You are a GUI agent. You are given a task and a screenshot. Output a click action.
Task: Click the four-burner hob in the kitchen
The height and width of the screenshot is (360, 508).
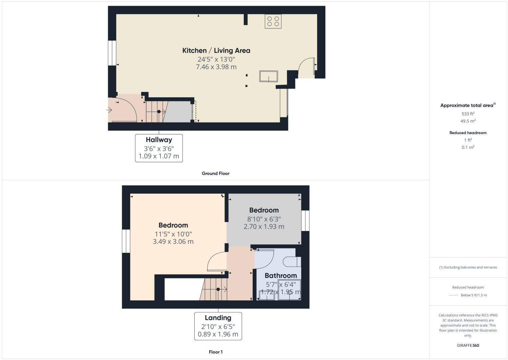pyautogui.click(x=273, y=21)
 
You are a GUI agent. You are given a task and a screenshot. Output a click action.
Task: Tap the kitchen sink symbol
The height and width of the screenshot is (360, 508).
pyautogui.click(x=269, y=76)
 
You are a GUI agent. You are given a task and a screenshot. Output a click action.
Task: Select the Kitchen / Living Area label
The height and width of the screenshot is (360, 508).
pyautogui.click(x=216, y=51)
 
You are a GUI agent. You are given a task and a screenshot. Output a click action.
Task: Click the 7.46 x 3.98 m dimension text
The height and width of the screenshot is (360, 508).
pyautogui.click(x=216, y=67)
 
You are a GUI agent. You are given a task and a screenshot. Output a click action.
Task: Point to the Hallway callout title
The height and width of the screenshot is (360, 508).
pyautogui.click(x=159, y=140)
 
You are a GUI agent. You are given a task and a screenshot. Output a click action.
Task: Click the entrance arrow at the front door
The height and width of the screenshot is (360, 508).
pyautogui.click(x=110, y=110)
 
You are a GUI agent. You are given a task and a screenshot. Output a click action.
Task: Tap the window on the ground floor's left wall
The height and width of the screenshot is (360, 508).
pyautogui.click(x=112, y=53)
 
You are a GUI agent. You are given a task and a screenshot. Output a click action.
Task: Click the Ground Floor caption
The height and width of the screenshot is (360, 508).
pyautogui.click(x=215, y=173)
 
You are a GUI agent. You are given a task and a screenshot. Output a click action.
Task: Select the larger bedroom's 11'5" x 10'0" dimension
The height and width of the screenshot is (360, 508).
pyautogui.click(x=173, y=234)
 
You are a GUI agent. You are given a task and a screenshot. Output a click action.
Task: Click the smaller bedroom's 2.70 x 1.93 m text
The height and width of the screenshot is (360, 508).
pyautogui.click(x=264, y=226)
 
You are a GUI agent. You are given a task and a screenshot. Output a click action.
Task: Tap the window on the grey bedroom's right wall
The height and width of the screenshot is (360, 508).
pyautogui.click(x=305, y=221)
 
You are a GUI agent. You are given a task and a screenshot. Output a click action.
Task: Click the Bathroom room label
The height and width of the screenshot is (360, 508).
pyautogui.click(x=280, y=276)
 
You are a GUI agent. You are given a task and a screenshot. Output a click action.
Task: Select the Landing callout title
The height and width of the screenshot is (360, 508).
pyautogui.click(x=218, y=318)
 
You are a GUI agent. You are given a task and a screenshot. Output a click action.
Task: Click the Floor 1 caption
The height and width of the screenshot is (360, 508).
pyautogui.click(x=215, y=352)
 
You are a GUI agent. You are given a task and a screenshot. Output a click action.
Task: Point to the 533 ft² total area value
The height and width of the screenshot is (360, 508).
pyautogui.click(x=468, y=114)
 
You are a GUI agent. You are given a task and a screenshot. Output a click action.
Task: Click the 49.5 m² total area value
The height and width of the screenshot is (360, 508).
pyautogui.click(x=468, y=121)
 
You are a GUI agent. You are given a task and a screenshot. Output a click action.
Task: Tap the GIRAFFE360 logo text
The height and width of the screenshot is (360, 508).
pyautogui.click(x=468, y=345)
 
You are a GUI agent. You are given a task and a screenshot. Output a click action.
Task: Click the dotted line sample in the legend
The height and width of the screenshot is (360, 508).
pyautogui.click(x=453, y=295)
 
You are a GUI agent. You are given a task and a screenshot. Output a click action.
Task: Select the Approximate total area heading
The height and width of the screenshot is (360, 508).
pyautogui.click(x=467, y=106)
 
